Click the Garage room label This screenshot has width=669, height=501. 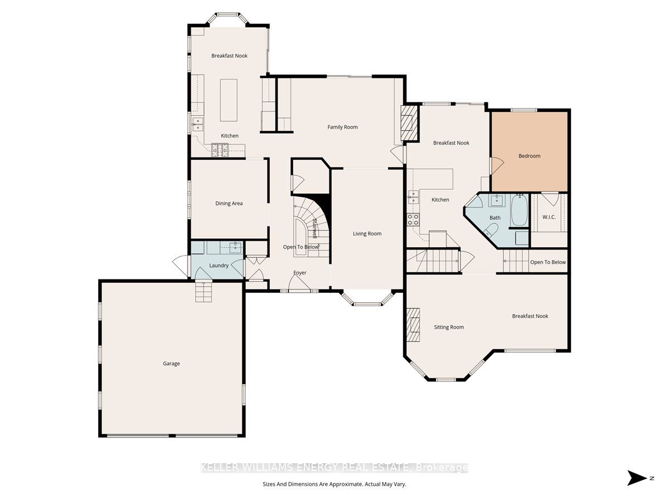pyautogui.click(x=171, y=364)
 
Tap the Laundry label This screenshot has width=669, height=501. pyautogui.click(x=219, y=266)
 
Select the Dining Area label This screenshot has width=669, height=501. pyautogui.click(x=229, y=204)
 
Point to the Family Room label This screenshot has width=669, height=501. pyautogui.click(x=342, y=127)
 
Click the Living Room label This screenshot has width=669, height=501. pyautogui.click(x=367, y=234)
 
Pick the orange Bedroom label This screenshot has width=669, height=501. pyautogui.click(x=530, y=156)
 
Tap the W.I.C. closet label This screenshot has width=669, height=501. pyautogui.click(x=549, y=217)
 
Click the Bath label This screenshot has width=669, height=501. pyautogui.click(x=495, y=218)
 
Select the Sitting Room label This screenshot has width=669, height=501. pyautogui.click(x=449, y=327)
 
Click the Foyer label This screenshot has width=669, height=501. pyautogui.click(x=300, y=273)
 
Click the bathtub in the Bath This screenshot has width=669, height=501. pyautogui.click(x=519, y=210)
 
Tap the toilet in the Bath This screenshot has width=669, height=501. pyautogui.click(x=491, y=230)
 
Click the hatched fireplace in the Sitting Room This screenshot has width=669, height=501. pyautogui.click(x=413, y=325)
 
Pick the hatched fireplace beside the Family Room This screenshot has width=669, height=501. pyautogui.click(x=409, y=123)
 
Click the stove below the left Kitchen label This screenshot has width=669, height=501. pyautogui.click(x=220, y=150)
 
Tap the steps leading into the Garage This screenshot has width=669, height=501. pyautogui.click(x=203, y=292)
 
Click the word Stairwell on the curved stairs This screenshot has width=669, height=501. pyautogui.click(x=314, y=228)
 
